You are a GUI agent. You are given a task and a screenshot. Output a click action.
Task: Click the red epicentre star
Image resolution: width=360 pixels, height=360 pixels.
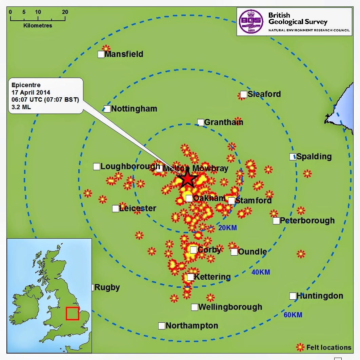187,179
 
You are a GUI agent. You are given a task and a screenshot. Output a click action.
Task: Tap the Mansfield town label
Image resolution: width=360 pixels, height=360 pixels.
124,54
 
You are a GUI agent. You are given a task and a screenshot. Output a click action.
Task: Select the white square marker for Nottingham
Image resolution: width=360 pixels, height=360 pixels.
107,109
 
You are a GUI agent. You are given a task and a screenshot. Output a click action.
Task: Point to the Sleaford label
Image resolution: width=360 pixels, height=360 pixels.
264,94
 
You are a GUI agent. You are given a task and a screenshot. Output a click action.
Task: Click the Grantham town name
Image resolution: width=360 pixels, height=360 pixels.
224,122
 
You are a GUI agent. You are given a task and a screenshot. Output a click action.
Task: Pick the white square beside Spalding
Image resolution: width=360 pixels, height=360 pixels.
293,157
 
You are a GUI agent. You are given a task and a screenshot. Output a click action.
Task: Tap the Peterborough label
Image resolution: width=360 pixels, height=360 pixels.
307,221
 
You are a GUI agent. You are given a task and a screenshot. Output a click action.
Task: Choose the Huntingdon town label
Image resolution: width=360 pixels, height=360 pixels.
320,296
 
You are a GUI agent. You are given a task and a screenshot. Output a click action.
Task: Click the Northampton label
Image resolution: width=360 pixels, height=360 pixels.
192,326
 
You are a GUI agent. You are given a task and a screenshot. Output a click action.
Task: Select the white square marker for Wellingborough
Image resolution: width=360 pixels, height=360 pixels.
195,307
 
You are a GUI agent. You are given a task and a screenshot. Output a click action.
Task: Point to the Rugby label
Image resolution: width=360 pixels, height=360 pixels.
107,287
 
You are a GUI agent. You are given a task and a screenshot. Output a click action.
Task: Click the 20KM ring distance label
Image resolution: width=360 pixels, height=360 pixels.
227,228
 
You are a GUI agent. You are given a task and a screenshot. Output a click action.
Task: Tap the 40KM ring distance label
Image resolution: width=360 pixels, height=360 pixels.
261,272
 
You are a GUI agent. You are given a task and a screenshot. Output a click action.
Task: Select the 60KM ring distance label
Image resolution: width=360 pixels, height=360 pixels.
293,315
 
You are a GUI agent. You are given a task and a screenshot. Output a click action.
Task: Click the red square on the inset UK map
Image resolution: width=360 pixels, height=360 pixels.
73,314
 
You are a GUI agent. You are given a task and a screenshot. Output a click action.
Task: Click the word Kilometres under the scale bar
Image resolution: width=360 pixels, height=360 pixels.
38,25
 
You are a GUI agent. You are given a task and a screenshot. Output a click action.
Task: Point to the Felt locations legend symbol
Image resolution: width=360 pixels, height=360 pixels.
300,347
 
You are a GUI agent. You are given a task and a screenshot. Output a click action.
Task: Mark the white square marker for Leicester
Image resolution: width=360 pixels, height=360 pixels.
116,208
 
